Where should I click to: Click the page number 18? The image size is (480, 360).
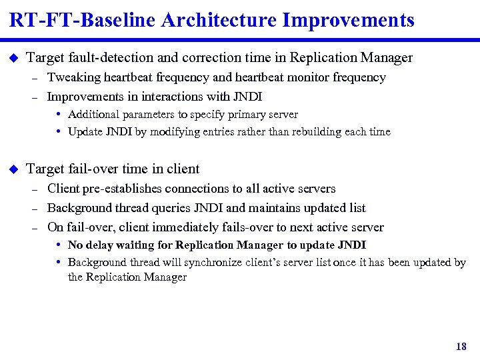pos(461,347)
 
